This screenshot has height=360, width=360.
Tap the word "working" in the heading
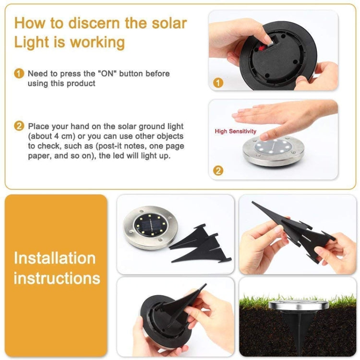coord(97,42)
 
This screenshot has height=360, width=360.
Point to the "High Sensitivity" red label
coord(235,131)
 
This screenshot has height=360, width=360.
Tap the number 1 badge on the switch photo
coord(218,83)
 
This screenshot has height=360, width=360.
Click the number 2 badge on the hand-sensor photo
coord(218,170)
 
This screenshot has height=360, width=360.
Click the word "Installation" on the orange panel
coord(54,258)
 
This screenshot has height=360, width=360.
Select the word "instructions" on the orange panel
coord(57,278)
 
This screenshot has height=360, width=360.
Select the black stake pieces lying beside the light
coord(199,245)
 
